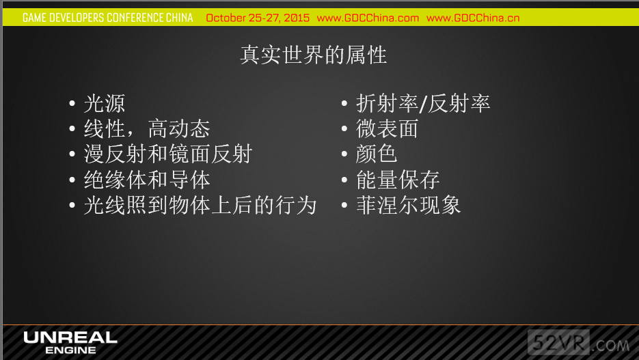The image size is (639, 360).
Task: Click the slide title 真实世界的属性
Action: click(x=314, y=55)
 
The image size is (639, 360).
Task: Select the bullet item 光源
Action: click(x=105, y=103)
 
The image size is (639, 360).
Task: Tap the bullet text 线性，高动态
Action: click(x=147, y=128)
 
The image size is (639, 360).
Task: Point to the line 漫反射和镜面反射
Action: click(x=168, y=154)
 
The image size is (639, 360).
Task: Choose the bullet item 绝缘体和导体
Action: click(x=147, y=180)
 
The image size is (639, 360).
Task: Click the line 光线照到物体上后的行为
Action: click(x=200, y=205)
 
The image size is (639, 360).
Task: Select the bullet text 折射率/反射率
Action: click(x=423, y=103)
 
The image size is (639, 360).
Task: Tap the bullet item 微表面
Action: click(x=387, y=128)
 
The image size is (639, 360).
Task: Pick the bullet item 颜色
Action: click(x=376, y=154)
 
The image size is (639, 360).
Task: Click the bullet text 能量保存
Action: click(x=398, y=180)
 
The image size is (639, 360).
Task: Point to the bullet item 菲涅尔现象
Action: click(x=408, y=205)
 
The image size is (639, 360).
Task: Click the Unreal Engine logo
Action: click(x=70, y=342)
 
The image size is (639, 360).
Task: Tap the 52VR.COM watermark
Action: click(x=579, y=343)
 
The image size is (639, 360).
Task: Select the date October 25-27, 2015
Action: click(x=258, y=18)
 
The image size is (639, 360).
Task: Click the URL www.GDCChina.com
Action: click(x=368, y=18)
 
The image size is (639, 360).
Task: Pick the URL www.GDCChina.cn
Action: click(x=473, y=18)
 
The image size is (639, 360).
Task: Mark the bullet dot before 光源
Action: click(x=72, y=103)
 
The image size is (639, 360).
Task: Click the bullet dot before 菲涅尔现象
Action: click(x=344, y=205)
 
